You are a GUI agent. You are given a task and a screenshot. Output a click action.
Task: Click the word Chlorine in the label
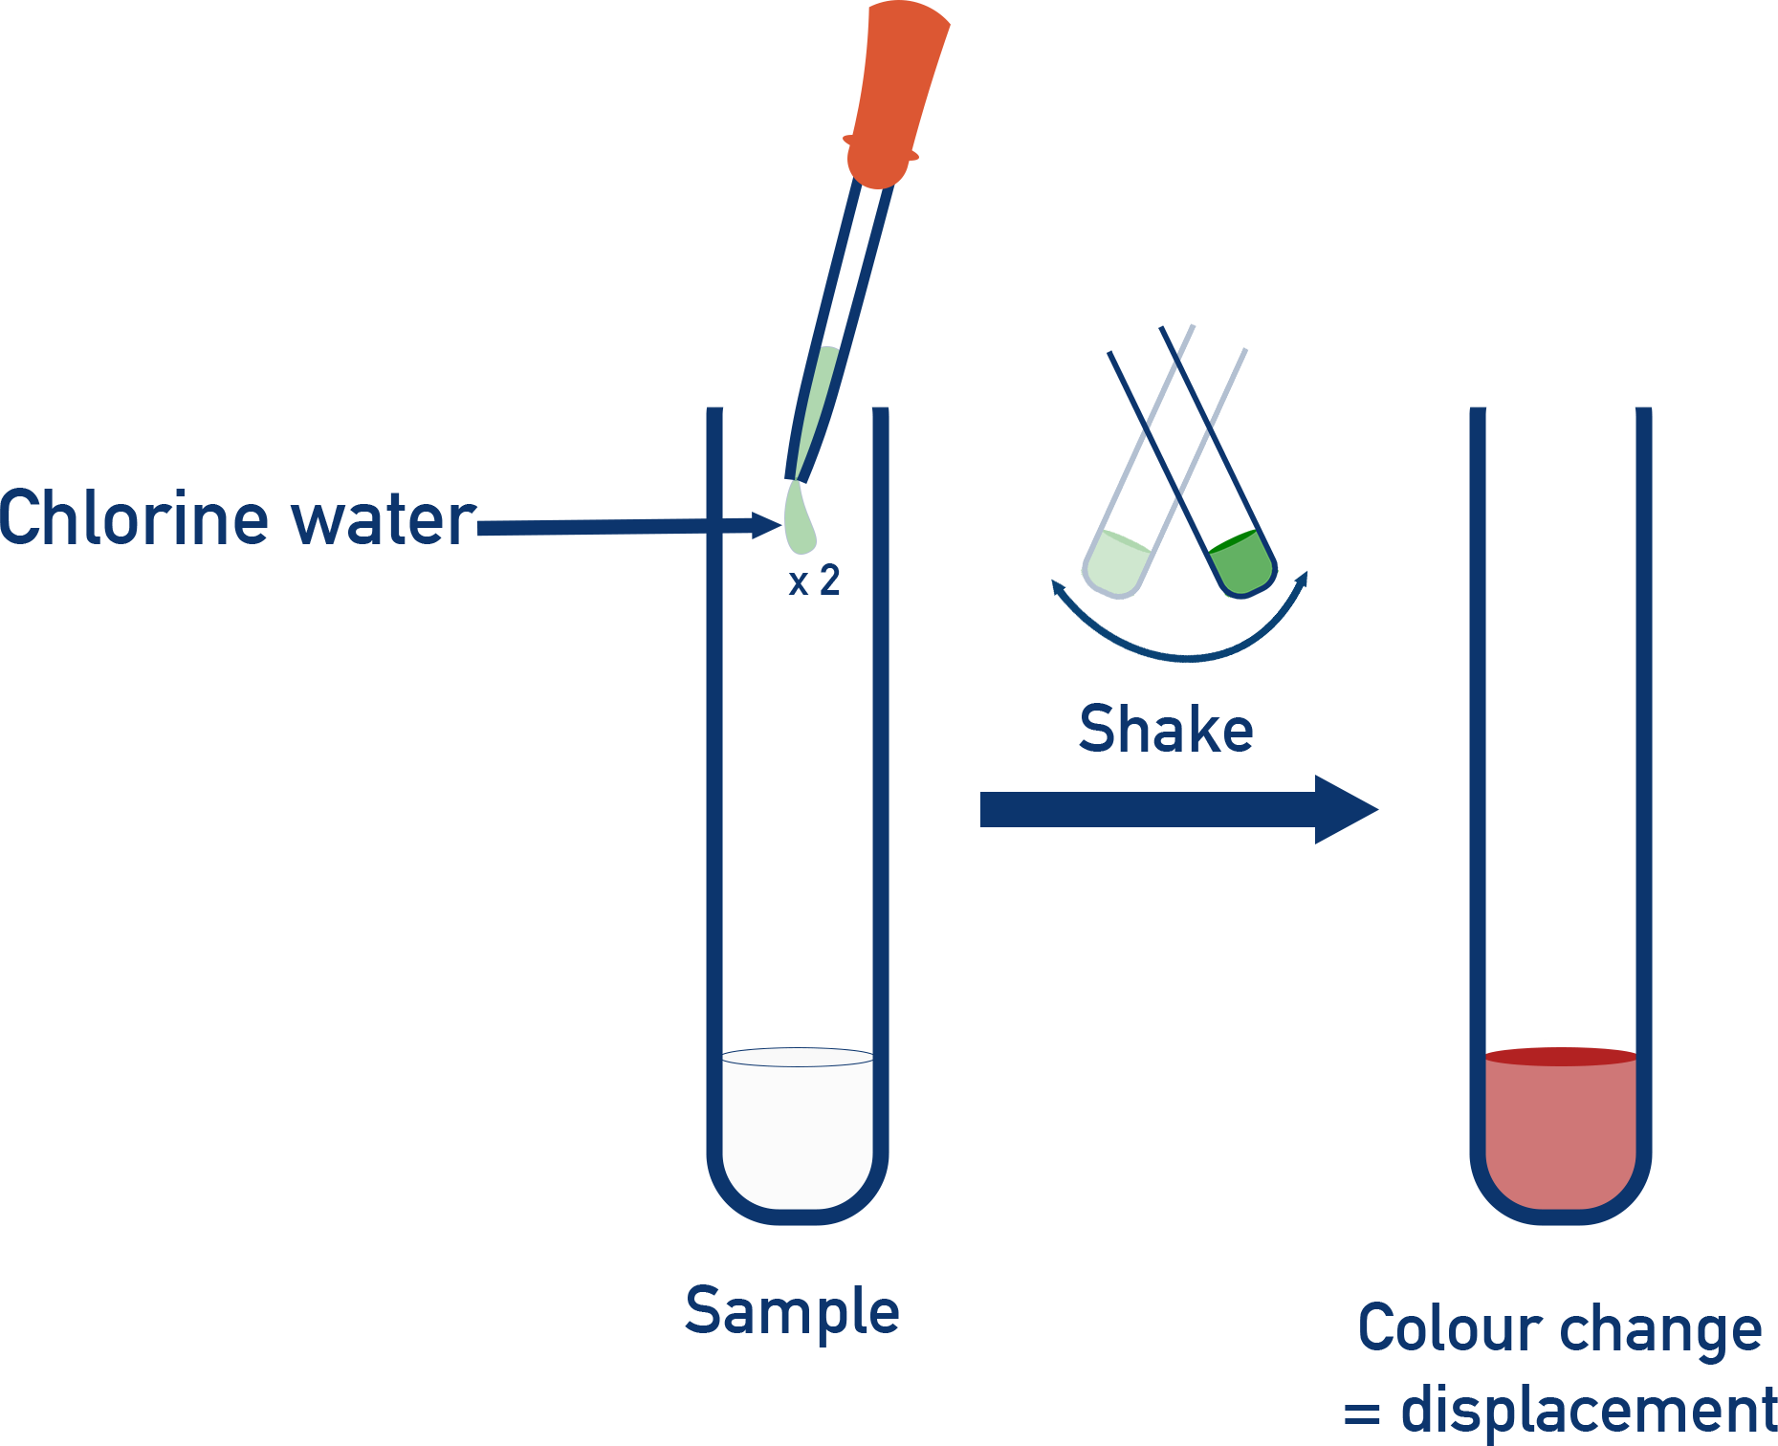point(134,517)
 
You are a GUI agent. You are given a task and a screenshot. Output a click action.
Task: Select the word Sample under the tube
point(792,1312)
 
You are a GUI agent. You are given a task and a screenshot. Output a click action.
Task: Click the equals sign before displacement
point(1362,1413)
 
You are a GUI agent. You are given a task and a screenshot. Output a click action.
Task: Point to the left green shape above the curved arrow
point(1117,562)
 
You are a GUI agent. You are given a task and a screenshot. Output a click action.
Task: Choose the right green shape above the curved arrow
point(1241,562)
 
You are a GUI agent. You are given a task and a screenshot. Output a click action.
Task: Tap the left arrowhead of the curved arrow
point(1058,586)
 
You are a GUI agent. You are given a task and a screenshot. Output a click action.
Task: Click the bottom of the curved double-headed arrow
point(1184,657)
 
